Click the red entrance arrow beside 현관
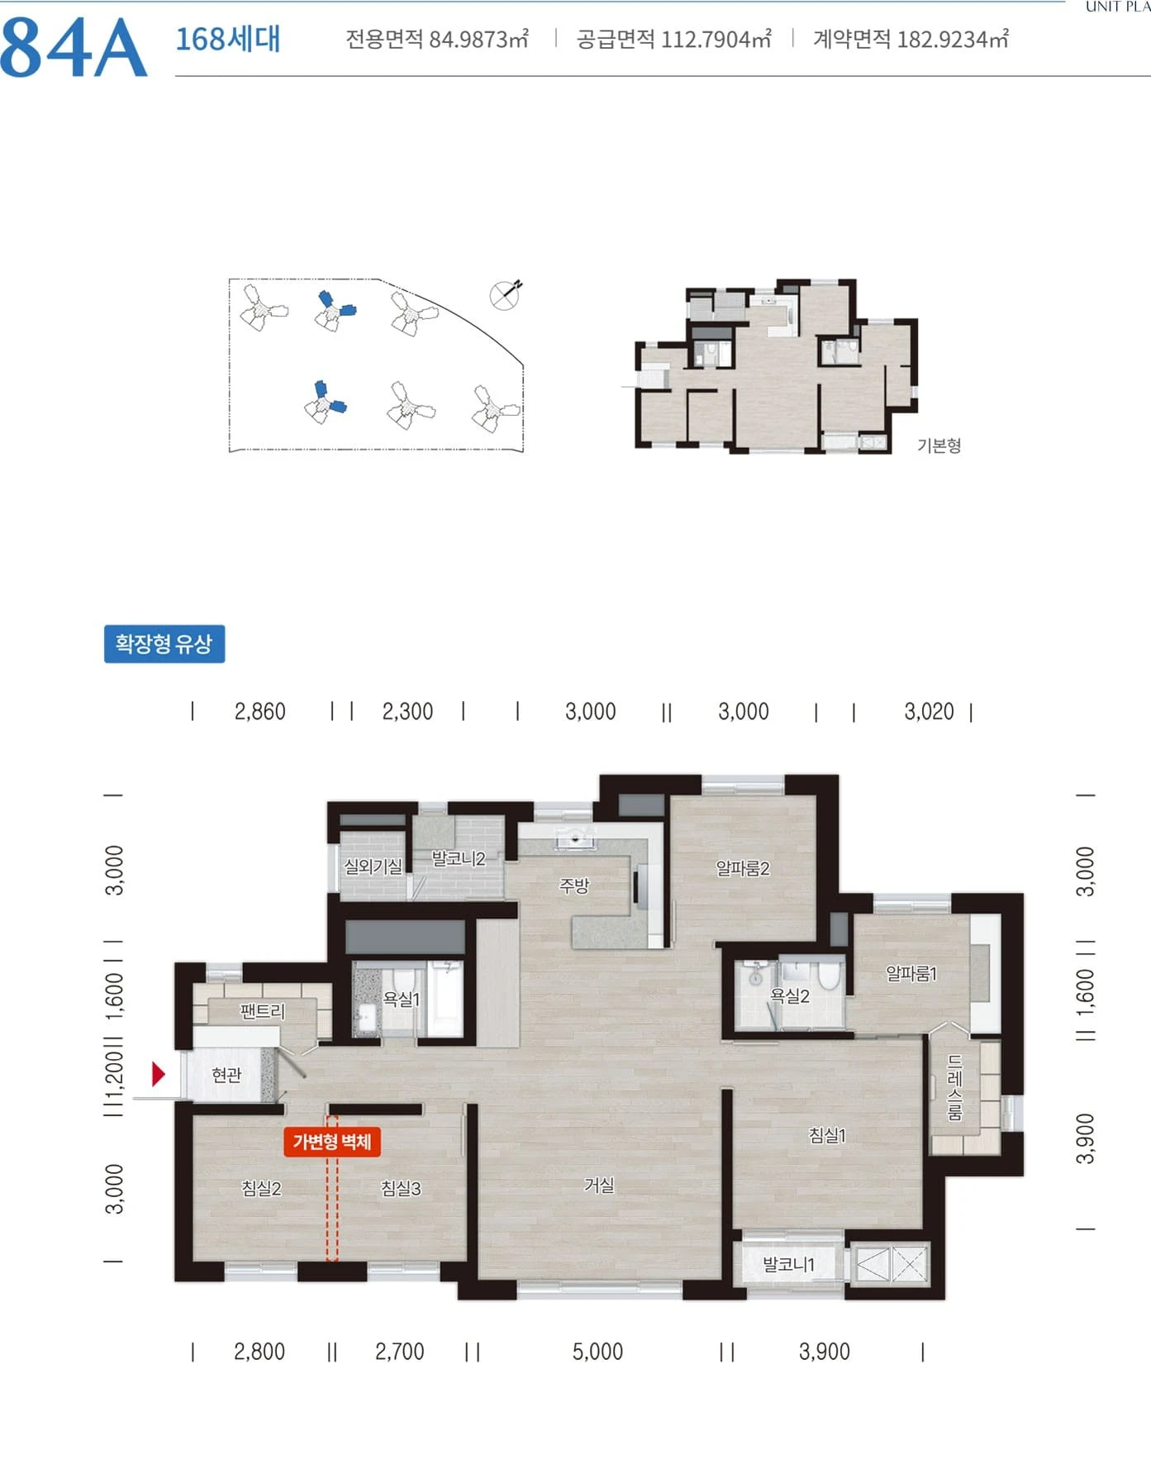point(159,1074)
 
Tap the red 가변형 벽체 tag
point(332,1142)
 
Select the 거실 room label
point(599,1185)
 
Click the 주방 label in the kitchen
point(574,885)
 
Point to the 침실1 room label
point(827,1135)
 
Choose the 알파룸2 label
point(743,868)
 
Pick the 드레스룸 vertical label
point(954,1087)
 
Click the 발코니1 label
point(788,1264)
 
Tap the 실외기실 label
point(373,866)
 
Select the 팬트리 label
point(262,1011)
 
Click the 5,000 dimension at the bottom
point(597,1352)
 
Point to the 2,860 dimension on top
point(259,711)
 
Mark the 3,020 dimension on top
point(929,711)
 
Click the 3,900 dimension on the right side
point(1085,1138)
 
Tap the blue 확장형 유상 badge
point(164,643)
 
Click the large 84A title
point(74,48)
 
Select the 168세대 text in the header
point(228,39)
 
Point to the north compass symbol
point(506,294)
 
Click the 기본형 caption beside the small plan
point(939,446)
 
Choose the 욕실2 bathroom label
point(790,996)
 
